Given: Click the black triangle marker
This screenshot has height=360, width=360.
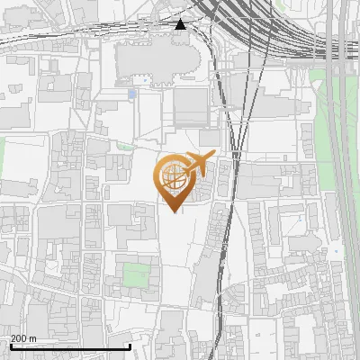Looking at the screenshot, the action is [x=181, y=24].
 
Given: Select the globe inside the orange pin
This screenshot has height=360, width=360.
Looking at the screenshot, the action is [x=174, y=177].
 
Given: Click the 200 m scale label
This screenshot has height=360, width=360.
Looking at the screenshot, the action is [x=23, y=338].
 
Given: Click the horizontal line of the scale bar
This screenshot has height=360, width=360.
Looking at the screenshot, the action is [x=70, y=346].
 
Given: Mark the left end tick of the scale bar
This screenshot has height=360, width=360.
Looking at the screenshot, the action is [x=10, y=345].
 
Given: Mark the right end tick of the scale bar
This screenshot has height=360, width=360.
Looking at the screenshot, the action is [x=130, y=345].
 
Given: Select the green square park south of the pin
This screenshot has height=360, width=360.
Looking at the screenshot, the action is [x=135, y=274].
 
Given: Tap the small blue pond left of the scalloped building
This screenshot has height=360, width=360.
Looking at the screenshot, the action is [x=133, y=93].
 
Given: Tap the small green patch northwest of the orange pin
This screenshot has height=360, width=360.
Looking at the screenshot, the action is [x=126, y=147].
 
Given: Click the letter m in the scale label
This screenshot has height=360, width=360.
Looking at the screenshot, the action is [x=32, y=338].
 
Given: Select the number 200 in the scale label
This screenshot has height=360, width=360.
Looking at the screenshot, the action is [x=19, y=338].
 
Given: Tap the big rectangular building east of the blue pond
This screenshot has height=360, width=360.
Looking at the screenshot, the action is [x=190, y=108].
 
